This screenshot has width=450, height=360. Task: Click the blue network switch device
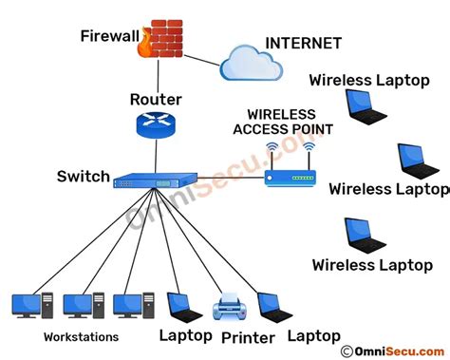coord(151,180)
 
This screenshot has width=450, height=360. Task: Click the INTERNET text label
coord(304,43)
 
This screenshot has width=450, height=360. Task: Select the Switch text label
coord(84,177)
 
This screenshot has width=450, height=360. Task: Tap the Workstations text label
coord(81,337)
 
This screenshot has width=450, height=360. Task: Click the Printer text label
coord(248,337)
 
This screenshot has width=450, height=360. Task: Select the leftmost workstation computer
coord(27,305)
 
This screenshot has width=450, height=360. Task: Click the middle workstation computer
coord(78,305)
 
